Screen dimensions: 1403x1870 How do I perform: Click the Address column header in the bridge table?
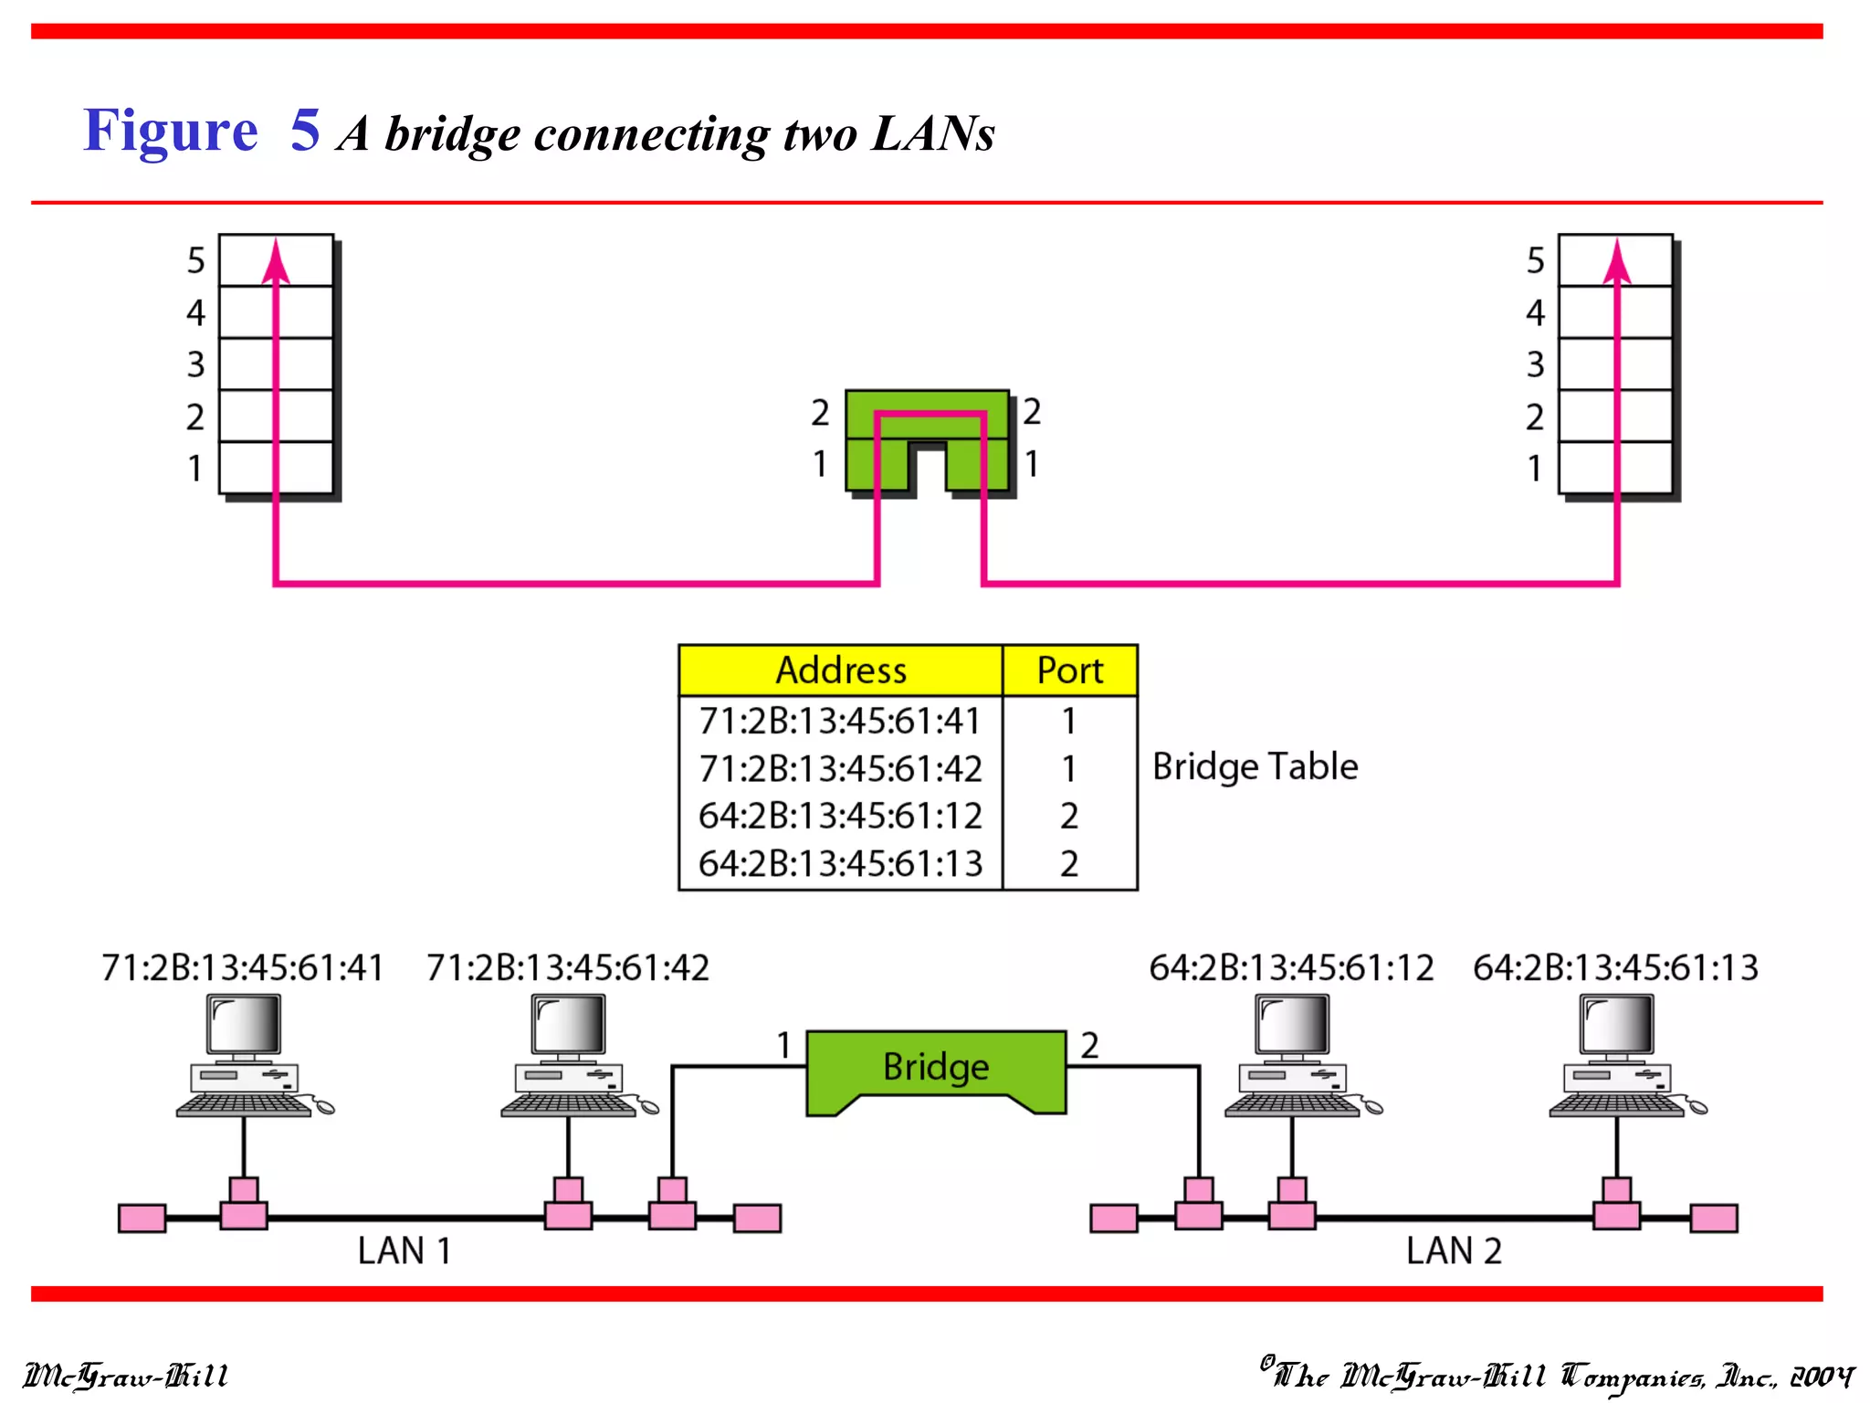(840, 670)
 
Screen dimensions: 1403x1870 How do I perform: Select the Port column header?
(1069, 670)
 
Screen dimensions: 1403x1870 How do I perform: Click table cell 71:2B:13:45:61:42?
(840, 768)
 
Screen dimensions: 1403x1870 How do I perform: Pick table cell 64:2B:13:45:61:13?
(840, 863)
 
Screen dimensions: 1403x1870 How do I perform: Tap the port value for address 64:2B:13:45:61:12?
(1069, 816)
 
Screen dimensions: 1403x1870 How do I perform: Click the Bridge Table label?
(1255, 766)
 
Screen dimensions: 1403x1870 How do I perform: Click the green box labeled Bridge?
(936, 1067)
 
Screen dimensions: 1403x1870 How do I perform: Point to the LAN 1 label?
(404, 1250)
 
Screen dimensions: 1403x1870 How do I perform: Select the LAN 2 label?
(1454, 1250)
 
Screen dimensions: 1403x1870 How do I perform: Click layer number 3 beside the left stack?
(195, 364)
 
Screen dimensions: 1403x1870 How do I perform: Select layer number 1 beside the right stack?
(1535, 469)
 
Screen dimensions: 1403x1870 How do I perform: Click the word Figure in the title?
(171, 131)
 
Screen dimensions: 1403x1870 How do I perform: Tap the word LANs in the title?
(932, 134)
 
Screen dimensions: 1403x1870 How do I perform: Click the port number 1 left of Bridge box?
(783, 1045)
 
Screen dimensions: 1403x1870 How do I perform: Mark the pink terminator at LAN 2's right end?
(1714, 1218)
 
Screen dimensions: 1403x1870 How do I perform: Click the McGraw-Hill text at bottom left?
(125, 1376)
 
